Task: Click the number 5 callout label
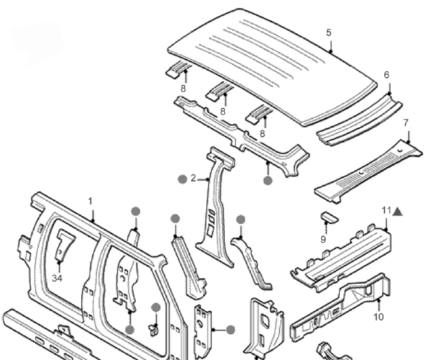point(328,32)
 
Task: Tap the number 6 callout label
point(386,75)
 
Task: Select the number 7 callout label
point(406,122)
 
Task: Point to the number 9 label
point(323,239)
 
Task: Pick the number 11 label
point(386,210)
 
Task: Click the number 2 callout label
point(193,177)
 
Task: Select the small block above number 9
point(327,218)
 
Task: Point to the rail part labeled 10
point(338,309)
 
